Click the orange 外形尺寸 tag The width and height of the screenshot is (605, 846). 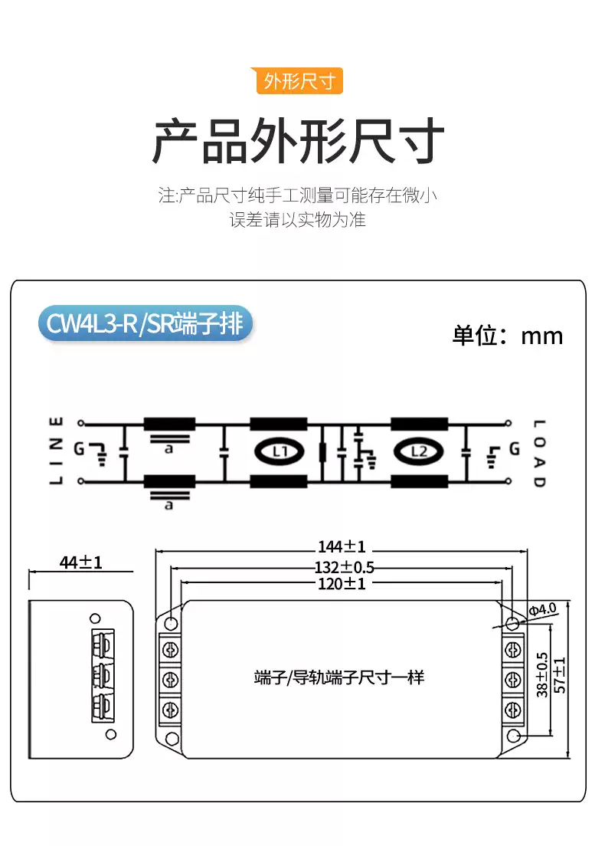tap(299, 81)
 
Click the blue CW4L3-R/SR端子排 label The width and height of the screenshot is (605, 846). tap(145, 324)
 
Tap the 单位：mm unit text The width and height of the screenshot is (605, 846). tap(508, 336)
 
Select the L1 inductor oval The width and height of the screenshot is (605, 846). tap(279, 451)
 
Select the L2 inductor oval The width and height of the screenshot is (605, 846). tap(418, 451)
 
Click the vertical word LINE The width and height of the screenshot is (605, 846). tap(56, 451)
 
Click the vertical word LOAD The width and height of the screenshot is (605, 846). tap(538, 453)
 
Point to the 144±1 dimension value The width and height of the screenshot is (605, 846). tap(342, 546)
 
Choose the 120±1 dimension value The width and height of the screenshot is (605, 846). tap(342, 585)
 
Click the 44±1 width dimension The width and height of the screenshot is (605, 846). tap(81, 563)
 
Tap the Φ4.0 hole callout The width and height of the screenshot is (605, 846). tap(542, 609)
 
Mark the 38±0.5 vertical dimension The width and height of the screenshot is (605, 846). tap(542, 675)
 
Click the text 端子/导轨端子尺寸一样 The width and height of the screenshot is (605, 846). tap(338, 677)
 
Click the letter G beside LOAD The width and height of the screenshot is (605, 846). tap(514, 448)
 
